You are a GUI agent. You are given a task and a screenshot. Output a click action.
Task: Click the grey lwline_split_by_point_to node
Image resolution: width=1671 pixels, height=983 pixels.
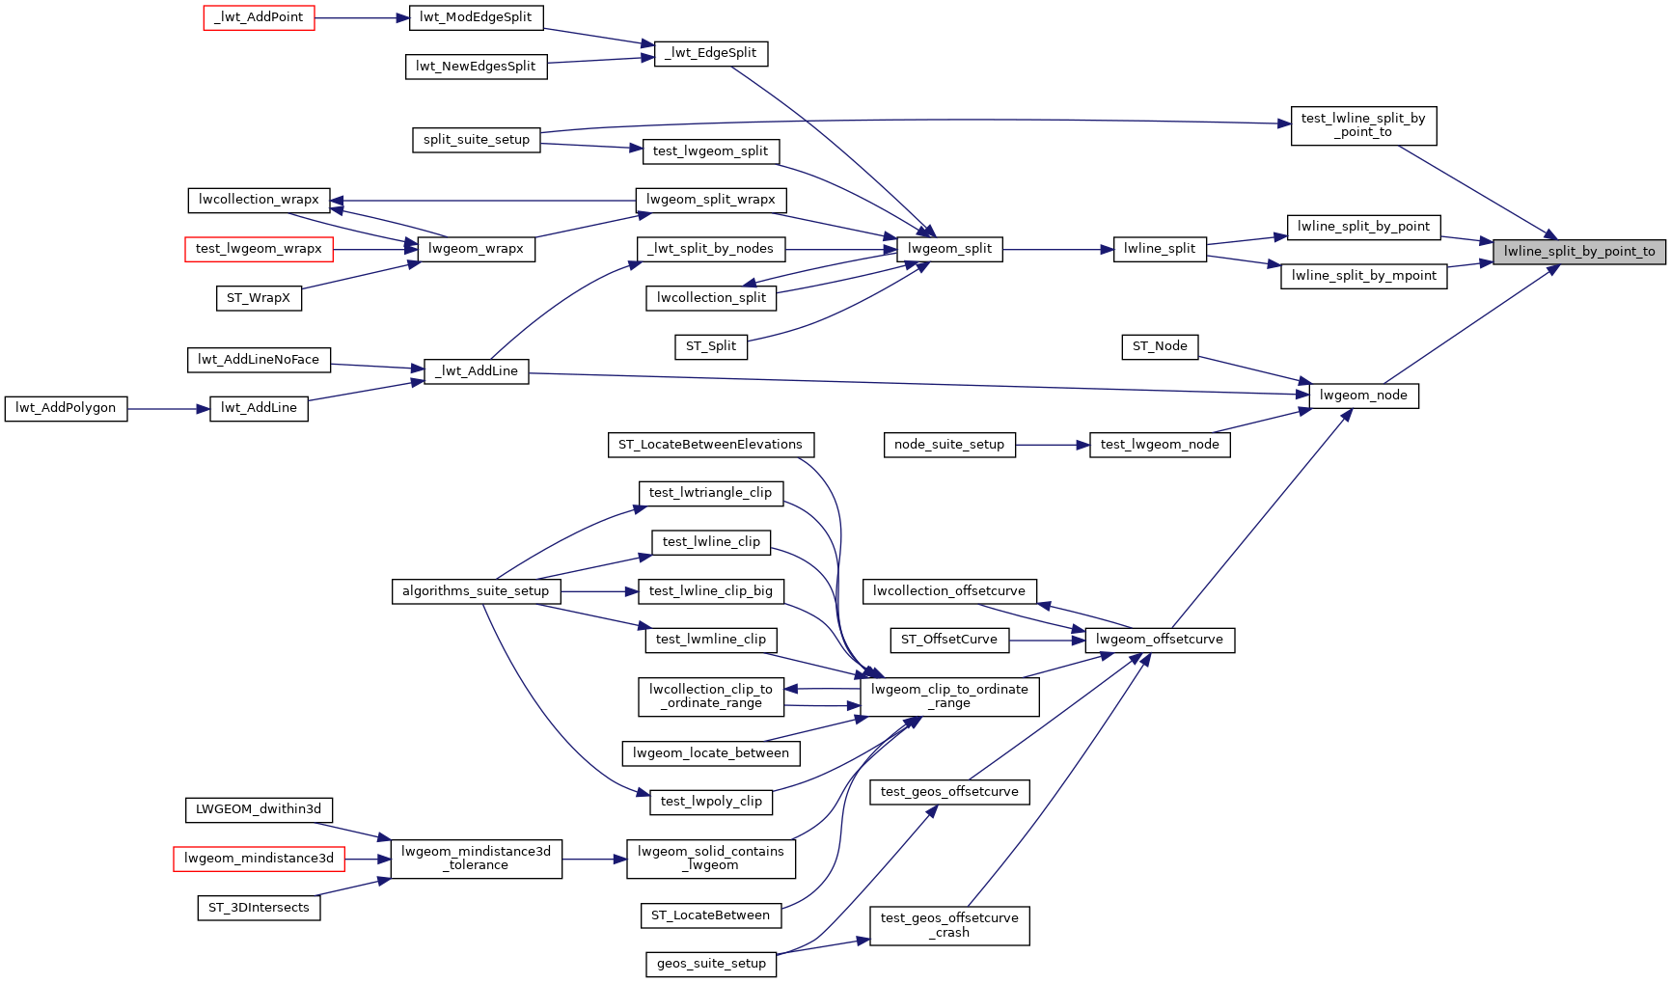[x=1579, y=252]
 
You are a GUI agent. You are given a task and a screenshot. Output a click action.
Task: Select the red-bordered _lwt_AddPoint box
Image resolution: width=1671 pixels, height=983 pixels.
[x=259, y=17]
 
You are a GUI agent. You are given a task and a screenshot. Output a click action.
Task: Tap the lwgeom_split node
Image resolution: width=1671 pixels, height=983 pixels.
[x=949, y=249]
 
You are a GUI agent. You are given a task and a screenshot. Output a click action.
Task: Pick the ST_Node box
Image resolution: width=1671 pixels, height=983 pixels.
[x=1159, y=346]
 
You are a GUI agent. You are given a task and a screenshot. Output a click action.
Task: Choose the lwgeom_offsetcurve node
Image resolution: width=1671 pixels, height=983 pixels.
[x=1159, y=640]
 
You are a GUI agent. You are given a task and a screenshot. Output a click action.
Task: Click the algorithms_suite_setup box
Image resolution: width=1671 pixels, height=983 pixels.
[x=476, y=591]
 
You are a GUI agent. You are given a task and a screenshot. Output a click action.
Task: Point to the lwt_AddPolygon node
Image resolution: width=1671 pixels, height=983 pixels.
[x=66, y=408]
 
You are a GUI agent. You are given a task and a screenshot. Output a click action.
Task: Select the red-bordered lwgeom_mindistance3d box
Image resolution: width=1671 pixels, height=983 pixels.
[x=259, y=858]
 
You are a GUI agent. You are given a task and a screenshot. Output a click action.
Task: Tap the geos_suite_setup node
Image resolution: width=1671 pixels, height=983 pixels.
[x=711, y=963]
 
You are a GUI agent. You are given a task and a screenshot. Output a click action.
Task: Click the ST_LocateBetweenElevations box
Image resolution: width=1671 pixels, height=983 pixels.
[x=710, y=445]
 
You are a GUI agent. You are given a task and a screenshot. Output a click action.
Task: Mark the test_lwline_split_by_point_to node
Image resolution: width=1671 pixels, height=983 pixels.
[x=1362, y=125]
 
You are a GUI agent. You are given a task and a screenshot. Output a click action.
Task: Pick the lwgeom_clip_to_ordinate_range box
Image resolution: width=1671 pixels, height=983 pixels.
[x=949, y=696]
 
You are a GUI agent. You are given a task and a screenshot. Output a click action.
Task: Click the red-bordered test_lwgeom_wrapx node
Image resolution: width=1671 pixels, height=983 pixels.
[x=259, y=249]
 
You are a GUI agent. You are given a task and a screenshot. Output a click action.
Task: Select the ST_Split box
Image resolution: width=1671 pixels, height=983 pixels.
[x=710, y=346]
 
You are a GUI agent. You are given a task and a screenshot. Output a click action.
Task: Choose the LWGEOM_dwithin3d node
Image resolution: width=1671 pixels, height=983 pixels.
[x=259, y=809]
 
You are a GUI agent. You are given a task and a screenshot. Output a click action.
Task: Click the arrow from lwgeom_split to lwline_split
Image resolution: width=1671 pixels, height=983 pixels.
[x=1057, y=249]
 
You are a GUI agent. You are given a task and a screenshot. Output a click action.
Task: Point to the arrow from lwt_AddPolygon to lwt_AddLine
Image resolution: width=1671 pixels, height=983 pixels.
[x=168, y=408]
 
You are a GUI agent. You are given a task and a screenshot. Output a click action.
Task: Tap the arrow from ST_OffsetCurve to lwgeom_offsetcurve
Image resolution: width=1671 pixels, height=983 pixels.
[x=1047, y=640]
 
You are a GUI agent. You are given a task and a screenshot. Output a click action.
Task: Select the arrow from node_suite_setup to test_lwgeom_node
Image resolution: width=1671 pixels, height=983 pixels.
[x=1052, y=445]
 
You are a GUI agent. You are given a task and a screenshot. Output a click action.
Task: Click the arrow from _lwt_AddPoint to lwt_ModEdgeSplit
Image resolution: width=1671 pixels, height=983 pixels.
[x=361, y=17]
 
